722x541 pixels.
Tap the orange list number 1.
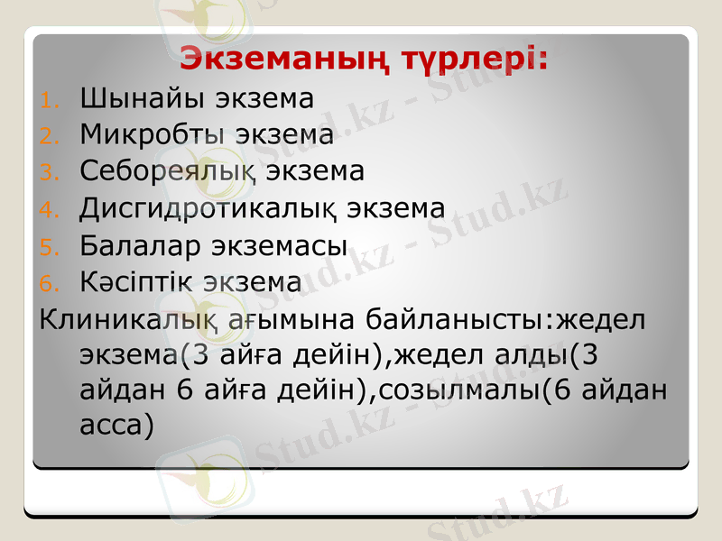tap(50, 100)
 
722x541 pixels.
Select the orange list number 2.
tap(50, 137)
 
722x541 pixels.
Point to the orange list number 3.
tap(50, 173)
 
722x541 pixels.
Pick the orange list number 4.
tap(50, 210)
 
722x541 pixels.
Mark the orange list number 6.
tap(50, 283)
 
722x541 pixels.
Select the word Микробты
tap(153, 135)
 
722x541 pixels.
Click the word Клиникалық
tap(127, 319)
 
